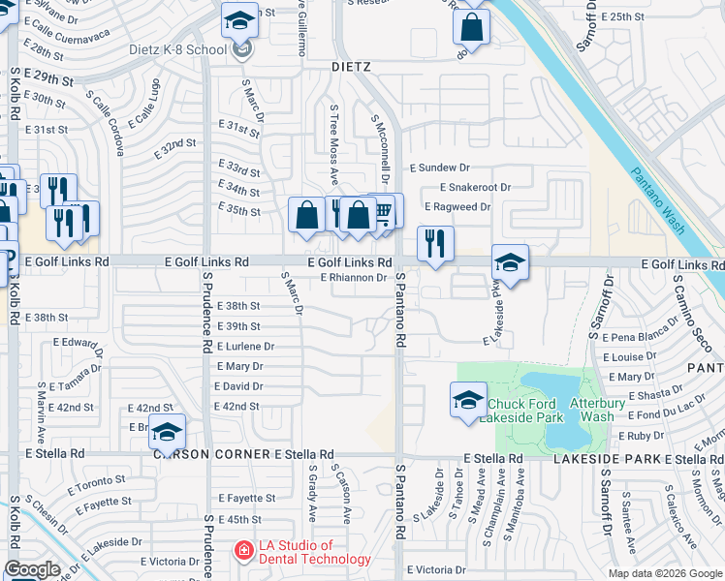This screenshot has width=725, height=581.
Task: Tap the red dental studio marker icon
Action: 243,551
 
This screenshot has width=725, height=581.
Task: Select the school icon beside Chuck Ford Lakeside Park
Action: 468,398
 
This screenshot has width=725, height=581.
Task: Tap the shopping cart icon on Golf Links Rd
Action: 384,210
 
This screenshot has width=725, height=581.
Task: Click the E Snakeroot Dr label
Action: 475,187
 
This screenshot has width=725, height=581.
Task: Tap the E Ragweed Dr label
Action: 458,207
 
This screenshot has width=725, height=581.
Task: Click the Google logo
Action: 32,569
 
